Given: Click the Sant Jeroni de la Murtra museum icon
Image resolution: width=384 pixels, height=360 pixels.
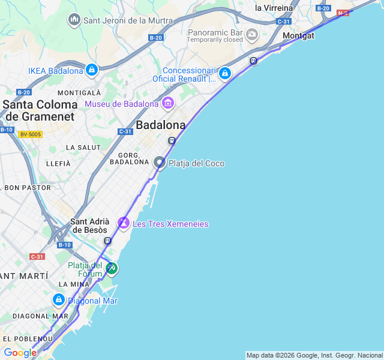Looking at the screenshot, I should point(74,20).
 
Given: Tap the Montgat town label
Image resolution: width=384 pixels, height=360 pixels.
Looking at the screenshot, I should point(298,35).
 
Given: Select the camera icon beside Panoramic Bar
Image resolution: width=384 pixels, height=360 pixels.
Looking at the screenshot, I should point(252,34).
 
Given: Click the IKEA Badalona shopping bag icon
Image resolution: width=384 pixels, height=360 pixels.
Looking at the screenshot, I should point(91,70).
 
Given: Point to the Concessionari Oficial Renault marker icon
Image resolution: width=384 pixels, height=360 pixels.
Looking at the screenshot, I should point(225,73).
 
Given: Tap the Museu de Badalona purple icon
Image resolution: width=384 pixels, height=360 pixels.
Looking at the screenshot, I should point(167,104).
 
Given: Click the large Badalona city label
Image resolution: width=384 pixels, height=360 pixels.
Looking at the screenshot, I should point(161,125).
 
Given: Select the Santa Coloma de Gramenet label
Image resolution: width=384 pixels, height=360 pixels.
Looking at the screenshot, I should point(40,110).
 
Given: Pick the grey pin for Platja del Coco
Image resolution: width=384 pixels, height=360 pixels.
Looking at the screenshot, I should point(160,163).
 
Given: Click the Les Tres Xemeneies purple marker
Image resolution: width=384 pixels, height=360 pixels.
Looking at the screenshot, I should point(124,223).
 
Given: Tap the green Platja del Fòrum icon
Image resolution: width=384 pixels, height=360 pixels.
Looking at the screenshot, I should point(111,268).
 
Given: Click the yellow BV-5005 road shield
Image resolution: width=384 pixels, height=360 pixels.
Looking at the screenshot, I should point(30,134).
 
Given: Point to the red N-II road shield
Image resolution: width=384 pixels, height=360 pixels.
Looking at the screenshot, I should point(343,13).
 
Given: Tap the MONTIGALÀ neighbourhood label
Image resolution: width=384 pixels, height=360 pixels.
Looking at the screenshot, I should point(79,93).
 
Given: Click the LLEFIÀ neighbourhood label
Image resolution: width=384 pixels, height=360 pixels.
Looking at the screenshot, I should point(58,164).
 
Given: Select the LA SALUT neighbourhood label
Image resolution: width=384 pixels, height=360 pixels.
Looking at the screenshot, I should point(83,148).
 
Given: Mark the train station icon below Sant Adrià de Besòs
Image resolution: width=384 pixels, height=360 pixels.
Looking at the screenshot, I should point(107,241).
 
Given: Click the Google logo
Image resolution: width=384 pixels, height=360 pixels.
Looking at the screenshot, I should point(20,353).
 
